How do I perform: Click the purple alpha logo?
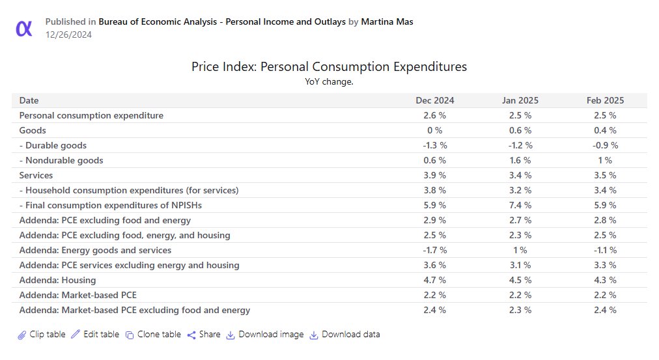click(x=24, y=28)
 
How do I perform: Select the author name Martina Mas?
click(x=387, y=21)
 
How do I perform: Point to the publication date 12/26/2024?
click(x=68, y=35)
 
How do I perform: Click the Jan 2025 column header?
click(x=520, y=100)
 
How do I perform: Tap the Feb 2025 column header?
click(x=604, y=100)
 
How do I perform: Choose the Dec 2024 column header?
click(x=435, y=100)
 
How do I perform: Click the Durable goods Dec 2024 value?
click(x=435, y=145)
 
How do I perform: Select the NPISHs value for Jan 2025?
click(x=520, y=205)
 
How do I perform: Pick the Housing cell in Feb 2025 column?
click(x=604, y=280)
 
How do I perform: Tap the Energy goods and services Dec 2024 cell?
click(x=435, y=250)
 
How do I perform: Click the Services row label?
click(x=36, y=175)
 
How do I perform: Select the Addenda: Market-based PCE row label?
click(x=78, y=295)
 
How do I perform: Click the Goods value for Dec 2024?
click(x=435, y=130)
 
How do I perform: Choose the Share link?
click(x=204, y=335)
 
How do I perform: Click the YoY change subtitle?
click(x=329, y=81)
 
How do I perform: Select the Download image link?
click(x=265, y=335)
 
